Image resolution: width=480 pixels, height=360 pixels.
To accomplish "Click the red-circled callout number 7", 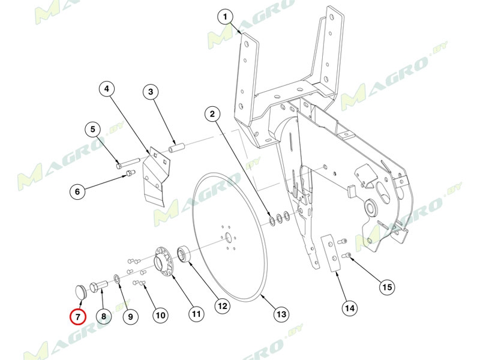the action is [78, 317].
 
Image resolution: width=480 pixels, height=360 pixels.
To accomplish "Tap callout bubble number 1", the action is [226, 17].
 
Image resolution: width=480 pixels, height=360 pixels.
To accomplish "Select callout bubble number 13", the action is [281, 314].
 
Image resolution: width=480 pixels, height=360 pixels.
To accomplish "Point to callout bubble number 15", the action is [387, 287].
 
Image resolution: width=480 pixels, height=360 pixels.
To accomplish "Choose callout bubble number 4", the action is [107, 89].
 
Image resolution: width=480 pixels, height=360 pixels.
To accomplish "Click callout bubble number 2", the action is [212, 114].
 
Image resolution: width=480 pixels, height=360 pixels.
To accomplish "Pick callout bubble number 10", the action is [161, 315].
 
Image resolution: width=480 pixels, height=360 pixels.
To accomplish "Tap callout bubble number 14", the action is [350, 308].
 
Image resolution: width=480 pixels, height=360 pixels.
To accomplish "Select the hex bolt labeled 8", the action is [98, 287].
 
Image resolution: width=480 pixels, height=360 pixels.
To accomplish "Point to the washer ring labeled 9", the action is [116, 278].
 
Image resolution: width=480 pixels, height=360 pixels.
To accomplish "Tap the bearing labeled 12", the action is [185, 254].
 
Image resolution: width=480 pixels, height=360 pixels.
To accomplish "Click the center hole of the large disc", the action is [229, 237].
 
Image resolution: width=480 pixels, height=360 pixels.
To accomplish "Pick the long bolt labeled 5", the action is [128, 163].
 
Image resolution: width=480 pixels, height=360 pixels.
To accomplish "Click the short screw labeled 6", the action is [130, 173].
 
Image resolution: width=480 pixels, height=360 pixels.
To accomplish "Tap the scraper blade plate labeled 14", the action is [331, 253].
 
